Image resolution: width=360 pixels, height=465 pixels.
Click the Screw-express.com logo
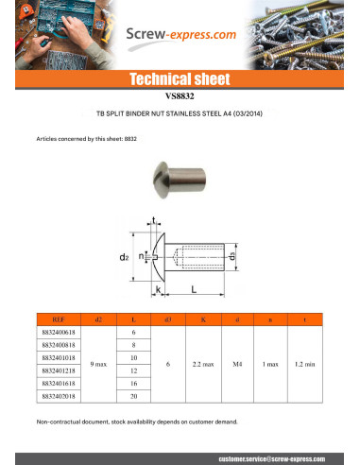182,35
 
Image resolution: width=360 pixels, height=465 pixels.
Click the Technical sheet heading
180,79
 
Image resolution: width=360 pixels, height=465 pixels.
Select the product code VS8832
180,96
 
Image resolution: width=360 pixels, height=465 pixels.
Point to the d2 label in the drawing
124,256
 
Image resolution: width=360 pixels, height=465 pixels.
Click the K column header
202,321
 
